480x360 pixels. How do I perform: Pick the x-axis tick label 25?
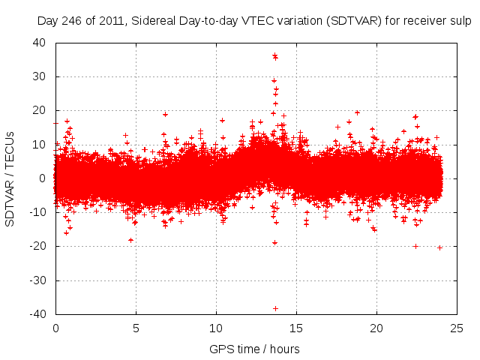point(457,328)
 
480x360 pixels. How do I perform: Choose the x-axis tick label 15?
point(296,328)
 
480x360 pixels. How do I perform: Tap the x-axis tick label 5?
point(136,328)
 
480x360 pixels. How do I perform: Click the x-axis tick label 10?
point(216,328)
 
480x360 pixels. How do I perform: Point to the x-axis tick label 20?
point(376,328)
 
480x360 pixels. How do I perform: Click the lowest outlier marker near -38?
point(275,308)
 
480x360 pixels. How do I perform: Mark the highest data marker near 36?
point(274,55)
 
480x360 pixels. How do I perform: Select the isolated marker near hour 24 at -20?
point(439,247)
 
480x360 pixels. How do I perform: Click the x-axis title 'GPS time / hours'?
point(255,349)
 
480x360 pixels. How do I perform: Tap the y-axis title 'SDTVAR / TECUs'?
point(10,178)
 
